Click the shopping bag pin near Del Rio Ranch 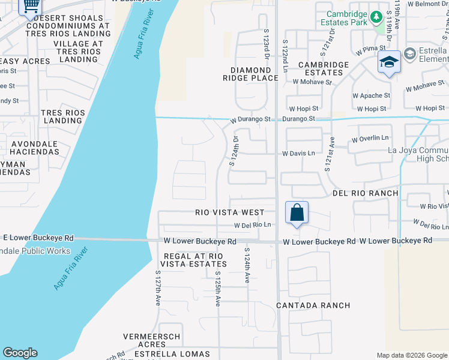pyautogui.click(x=297, y=212)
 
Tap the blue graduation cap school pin pyautogui.click(x=389, y=62)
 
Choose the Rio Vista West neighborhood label pyautogui.click(x=229, y=212)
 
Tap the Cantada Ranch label pyautogui.click(x=313, y=305)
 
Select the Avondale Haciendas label pyautogui.click(x=34, y=148)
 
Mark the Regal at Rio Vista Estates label pyautogui.click(x=193, y=260)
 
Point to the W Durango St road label pyautogui.click(x=251, y=119)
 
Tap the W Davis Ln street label pyautogui.click(x=298, y=154)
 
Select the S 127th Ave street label pyautogui.click(x=157, y=289)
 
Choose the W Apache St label pyautogui.click(x=371, y=95)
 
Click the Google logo pyautogui.click(x=20, y=353)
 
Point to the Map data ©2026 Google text pyautogui.click(x=411, y=355)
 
